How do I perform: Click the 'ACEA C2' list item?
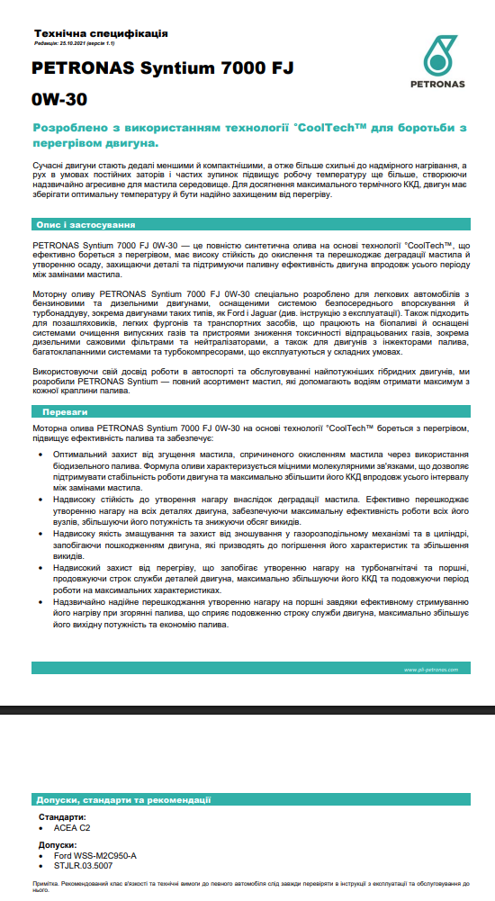pyautogui.click(x=72, y=827)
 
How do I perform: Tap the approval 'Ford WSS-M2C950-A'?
pyautogui.click(x=95, y=855)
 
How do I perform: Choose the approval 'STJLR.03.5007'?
pyautogui.click(x=84, y=865)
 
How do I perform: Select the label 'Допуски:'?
pyautogui.click(x=58, y=845)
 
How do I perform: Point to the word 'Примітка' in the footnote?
pyautogui.click(x=45, y=885)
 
